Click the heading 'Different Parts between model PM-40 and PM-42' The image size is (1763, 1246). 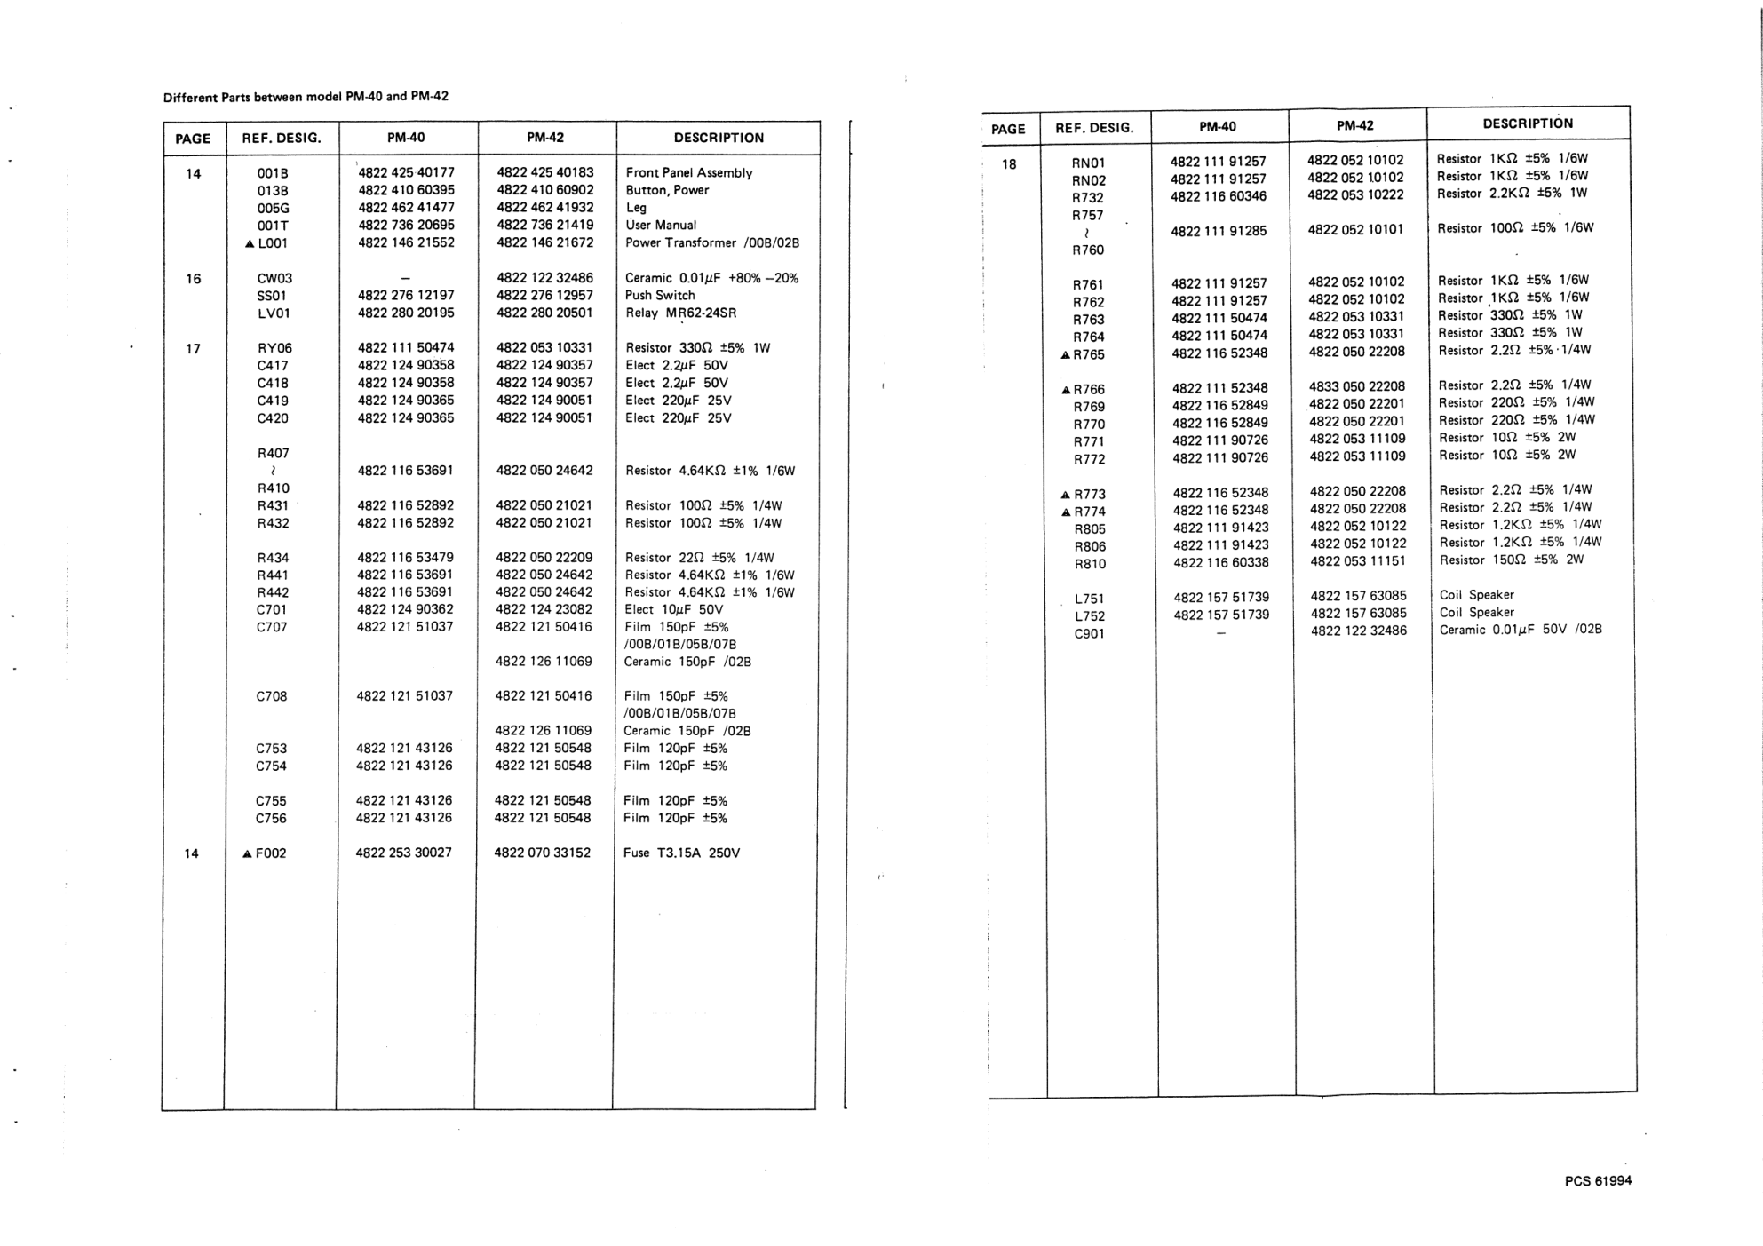[306, 97]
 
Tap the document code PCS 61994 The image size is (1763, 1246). [1598, 1180]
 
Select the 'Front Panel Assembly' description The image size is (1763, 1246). [688, 172]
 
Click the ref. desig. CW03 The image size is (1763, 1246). [274, 278]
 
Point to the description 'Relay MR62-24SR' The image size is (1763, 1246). [680, 313]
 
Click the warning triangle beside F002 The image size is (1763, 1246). [247, 853]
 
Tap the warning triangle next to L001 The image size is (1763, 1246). [250, 243]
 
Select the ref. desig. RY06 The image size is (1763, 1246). [274, 348]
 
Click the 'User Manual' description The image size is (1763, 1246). [661, 225]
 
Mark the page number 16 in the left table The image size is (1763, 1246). [193, 279]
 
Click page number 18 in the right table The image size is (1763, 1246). [1009, 163]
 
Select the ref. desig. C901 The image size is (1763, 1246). [1089, 633]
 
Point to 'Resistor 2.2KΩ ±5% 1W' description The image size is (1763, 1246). [1512, 193]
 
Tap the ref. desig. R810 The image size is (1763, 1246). [1090, 564]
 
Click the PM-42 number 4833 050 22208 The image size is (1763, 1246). [1356, 386]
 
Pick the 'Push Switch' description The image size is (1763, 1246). [660, 295]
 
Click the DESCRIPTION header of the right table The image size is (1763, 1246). [1528, 123]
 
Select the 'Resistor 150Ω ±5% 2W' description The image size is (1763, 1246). [1511, 560]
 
